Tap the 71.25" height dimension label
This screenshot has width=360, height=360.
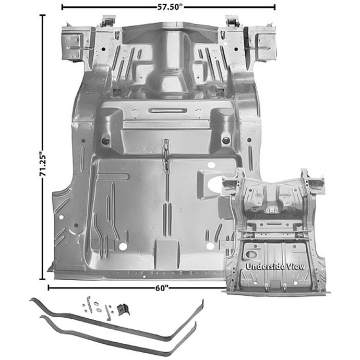pos(43,163)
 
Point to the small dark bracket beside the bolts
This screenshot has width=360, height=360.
pos(123,309)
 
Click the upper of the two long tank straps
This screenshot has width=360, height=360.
pos(117,321)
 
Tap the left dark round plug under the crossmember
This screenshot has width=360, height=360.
pos(105,141)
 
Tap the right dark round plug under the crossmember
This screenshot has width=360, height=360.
pos(226,140)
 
